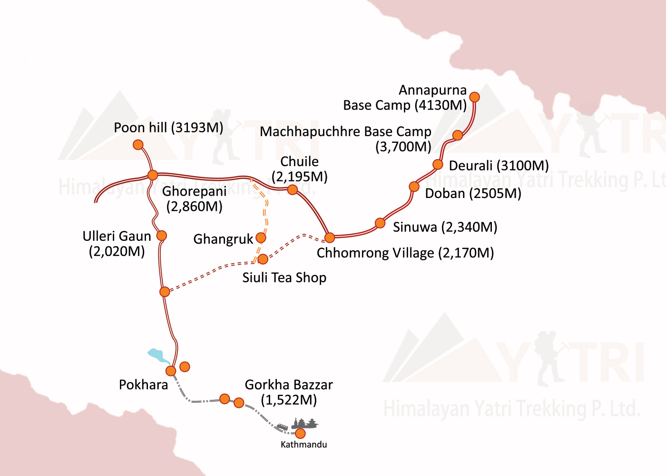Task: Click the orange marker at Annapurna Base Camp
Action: click(x=474, y=97)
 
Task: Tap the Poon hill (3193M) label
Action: click(x=168, y=128)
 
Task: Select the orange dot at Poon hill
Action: click(x=138, y=145)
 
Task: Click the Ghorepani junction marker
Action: click(x=152, y=175)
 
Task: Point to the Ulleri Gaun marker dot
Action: click(x=162, y=235)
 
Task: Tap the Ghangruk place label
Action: click(x=223, y=239)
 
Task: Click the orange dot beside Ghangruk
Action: click(x=261, y=238)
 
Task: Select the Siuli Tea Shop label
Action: click(x=284, y=278)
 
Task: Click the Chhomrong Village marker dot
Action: click(x=329, y=237)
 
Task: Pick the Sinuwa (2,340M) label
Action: click(x=445, y=227)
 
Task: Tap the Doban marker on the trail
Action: click(x=414, y=187)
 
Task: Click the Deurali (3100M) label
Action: click(x=499, y=166)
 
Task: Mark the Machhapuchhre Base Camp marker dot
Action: click(x=457, y=135)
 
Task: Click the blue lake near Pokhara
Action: click(x=156, y=355)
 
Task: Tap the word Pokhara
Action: click(x=143, y=385)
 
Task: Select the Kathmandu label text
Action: click(x=304, y=445)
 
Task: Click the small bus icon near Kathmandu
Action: click(x=283, y=427)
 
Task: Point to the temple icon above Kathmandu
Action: click(x=304, y=423)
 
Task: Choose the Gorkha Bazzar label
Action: click(x=289, y=392)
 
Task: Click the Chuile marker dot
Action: click(x=293, y=190)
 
